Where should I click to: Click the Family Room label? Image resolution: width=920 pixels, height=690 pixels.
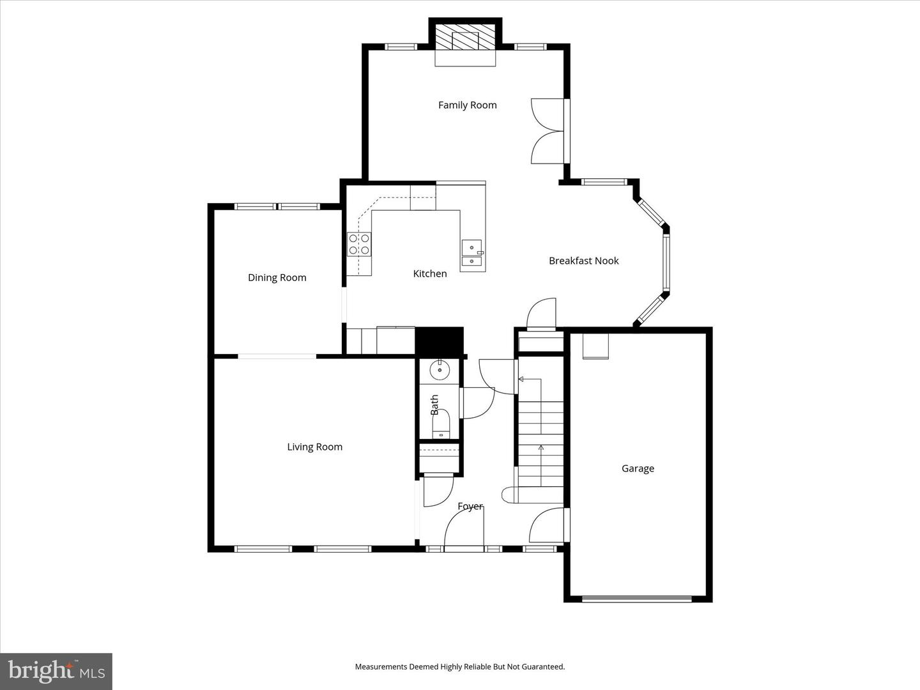[467, 105]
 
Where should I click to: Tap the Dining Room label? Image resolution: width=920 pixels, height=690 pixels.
[277, 278]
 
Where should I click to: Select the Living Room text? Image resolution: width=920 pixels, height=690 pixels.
[314, 447]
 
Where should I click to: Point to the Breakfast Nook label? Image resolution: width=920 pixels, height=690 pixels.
[583, 261]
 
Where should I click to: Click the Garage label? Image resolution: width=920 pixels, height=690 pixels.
[638, 469]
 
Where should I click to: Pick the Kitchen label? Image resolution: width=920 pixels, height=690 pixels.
[429, 274]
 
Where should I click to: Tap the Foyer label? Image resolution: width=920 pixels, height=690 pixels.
[470, 507]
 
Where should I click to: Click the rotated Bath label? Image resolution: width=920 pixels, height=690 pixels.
[434, 405]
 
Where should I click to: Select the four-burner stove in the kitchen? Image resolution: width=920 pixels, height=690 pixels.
[359, 245]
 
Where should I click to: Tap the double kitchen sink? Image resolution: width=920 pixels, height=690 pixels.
[472, 254]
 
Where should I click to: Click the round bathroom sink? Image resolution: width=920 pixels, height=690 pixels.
[440, 369]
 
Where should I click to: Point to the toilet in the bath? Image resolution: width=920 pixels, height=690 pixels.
[440, 425]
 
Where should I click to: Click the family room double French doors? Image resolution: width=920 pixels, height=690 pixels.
[548, 132]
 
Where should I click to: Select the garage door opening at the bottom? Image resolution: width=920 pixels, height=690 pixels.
[636, 599]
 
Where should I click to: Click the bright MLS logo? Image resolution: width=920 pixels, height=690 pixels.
[56, 671]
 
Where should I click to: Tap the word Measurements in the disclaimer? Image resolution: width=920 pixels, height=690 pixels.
[381, 667]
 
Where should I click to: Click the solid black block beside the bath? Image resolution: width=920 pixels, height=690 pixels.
[439, 341]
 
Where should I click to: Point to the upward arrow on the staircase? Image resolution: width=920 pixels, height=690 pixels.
[541, 448]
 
